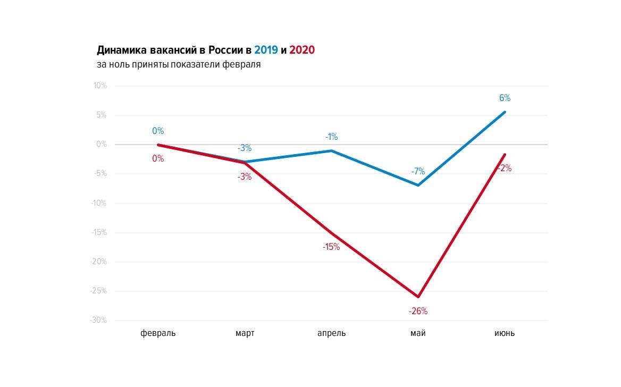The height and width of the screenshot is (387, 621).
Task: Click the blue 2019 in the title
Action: [x=266, y=50]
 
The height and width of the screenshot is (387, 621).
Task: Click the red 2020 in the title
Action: [x=302, y=50]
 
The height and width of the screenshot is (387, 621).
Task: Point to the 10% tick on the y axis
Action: [x=100, y=86]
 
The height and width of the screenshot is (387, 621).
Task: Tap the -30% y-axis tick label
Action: [x=98, y=320]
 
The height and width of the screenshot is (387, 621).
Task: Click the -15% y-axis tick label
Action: [x=98, y=232]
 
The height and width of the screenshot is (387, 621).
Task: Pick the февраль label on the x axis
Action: [x=157, y=333]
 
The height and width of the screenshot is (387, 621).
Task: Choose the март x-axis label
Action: [x=245, y=333]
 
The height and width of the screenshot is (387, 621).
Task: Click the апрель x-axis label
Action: [x=331, y=333]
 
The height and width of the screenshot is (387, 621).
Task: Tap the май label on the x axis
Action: [x=418, y=333]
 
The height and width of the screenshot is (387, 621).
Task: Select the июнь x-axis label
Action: [x=505, y=333]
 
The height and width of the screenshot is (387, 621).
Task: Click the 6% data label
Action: [x=505, y=98]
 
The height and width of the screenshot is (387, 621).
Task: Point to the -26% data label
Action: [x=418, y=312]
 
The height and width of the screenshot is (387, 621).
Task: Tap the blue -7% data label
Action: [x=418, y=171]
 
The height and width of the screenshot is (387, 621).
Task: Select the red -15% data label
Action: [x=331, y=247]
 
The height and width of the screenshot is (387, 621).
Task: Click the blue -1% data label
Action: [x=331, y=137]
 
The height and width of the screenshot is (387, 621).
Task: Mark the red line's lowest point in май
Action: [x=418, y=297]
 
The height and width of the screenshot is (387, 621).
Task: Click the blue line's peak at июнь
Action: [x=505, y=112]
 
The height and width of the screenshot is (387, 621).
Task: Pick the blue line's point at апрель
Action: [x=331, y=150]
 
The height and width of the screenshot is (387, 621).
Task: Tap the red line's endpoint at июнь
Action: [x=505, y=155]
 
